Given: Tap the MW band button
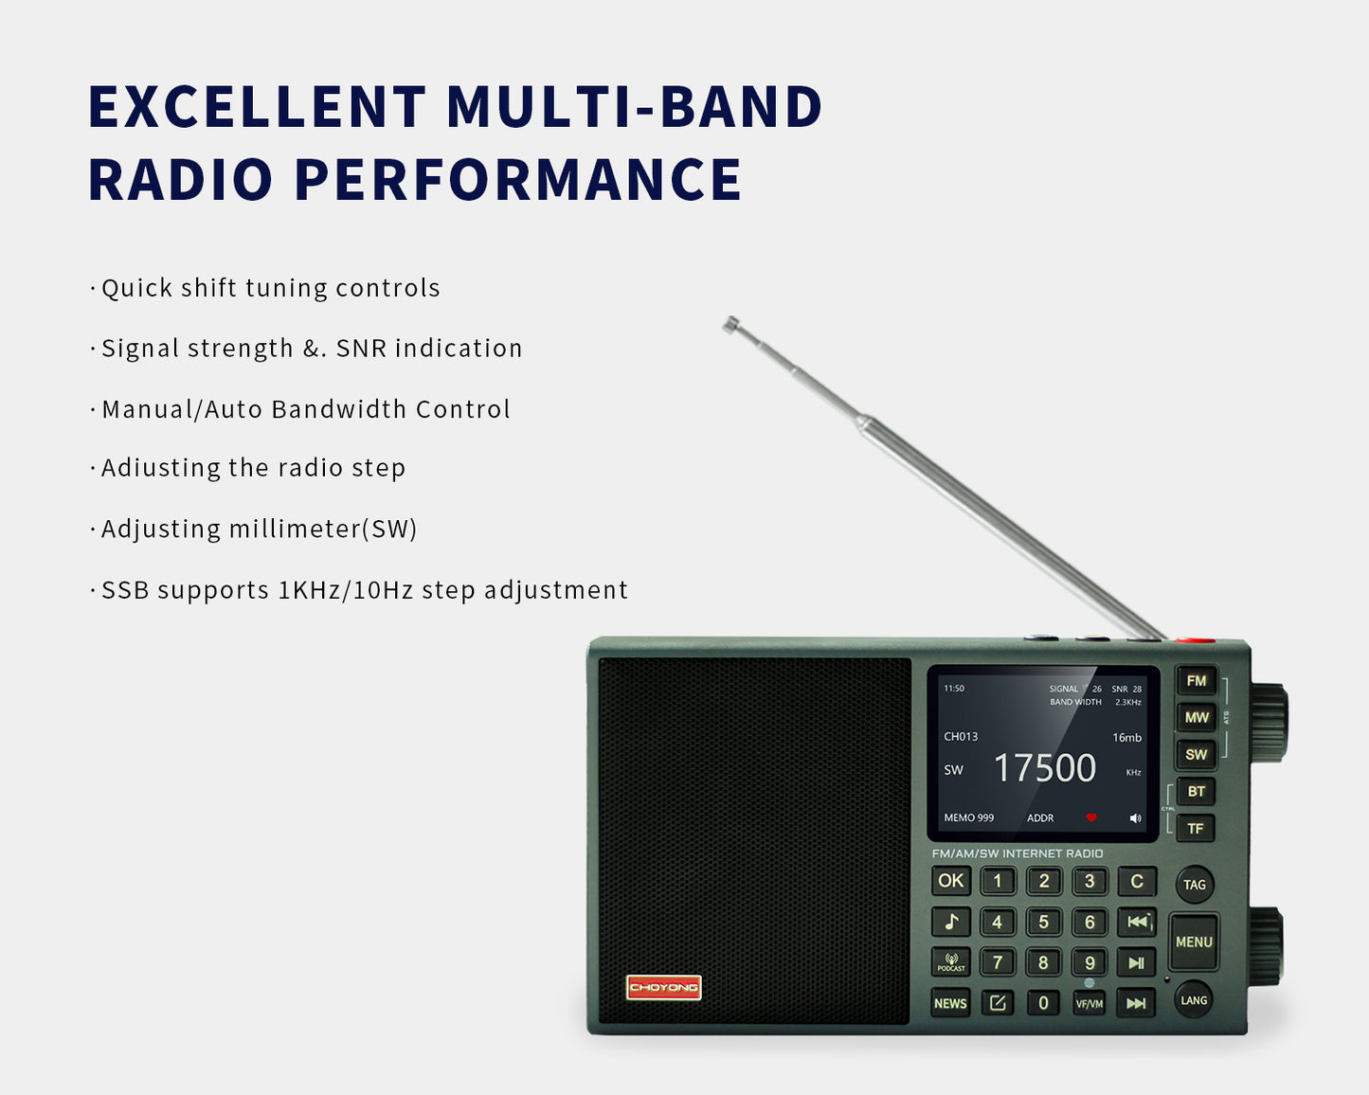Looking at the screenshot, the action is (x=1196, y=718).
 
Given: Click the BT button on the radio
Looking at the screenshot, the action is (x=1196, y=792).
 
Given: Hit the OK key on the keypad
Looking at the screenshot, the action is (x=951, y=881).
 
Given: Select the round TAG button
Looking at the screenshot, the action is (x=1195, y=885).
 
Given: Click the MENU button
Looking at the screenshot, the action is (x=1194, y=942).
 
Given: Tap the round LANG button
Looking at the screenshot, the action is (x=1194, y=1000).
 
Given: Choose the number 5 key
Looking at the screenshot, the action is (x=1043, y=922).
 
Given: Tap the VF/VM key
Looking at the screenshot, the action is (x=1090, y=1004).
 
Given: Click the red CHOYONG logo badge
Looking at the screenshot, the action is (x=663, y=987).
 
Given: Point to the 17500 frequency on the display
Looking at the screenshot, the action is (x=1045, y=768).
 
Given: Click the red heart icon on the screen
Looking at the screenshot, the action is (x=1091, y=817).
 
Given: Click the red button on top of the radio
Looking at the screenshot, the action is (x=1196, y=640).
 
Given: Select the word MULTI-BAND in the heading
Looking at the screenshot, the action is (x=634, y=106).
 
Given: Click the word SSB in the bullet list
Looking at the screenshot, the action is (x=125, y=590).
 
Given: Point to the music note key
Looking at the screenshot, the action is (x=951, y=922).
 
